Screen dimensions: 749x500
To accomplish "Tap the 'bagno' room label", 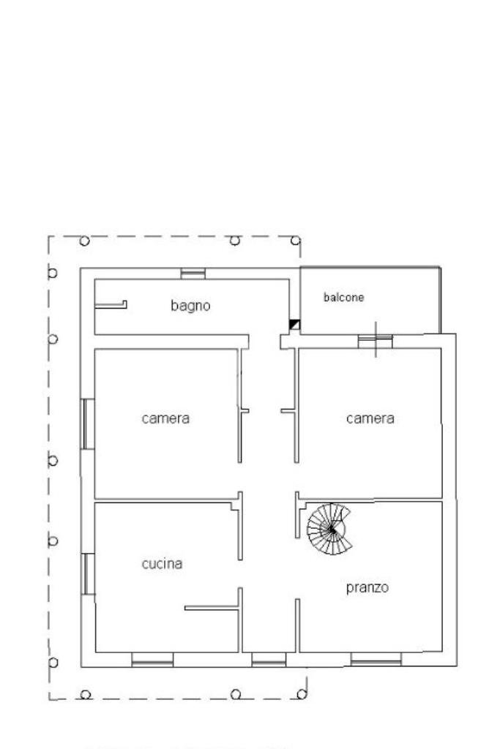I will (190, 306).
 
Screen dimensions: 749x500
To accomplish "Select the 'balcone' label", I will (343, 298).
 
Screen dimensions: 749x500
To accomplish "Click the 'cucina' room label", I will (162, 564).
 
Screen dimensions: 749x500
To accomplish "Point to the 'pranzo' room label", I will (367, 587).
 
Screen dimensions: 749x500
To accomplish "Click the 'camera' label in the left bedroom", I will (165, 418).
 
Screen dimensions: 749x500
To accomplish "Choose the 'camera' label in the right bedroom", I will (370, 418).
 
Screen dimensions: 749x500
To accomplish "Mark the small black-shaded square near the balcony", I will (294, 324).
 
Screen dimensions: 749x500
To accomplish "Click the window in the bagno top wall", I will (193, 274).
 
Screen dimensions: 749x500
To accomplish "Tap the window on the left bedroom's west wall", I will (87, 424).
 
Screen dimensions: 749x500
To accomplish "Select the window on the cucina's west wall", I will (87, 573).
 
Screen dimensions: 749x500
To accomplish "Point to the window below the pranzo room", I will (376, 660).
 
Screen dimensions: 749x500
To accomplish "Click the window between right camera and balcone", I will (376, 340).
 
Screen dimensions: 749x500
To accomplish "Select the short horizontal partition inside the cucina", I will (212, 607).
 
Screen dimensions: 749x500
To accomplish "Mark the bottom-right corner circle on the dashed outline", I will (301, 693).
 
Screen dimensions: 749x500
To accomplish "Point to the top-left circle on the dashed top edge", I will (84, 240).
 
